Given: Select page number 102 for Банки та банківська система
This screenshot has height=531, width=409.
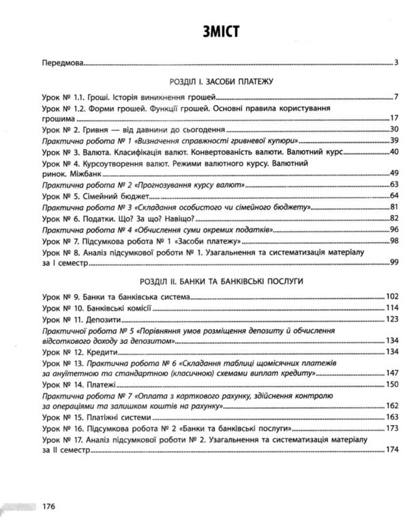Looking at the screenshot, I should pyautogui.click(x=391, y=297).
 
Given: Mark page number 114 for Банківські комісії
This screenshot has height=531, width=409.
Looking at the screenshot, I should pyautogui.click(x=391, y=308).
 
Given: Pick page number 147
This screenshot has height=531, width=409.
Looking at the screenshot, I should pyautogui.click(x=391, y=374).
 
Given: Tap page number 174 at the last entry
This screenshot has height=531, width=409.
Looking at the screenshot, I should pyautogui.click(x=391, y=450).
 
